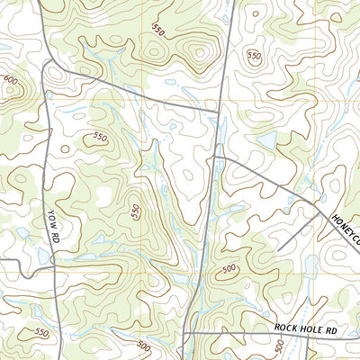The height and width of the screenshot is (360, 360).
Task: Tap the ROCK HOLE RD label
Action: tap(305, 330)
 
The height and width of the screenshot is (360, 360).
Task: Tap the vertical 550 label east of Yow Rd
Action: tap(136, 212)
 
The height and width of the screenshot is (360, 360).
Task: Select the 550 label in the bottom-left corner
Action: tap(40, 332)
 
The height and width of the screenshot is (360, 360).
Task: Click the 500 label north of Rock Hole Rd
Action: tap(229, 268)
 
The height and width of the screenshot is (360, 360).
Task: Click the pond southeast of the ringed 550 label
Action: tap(267, 140)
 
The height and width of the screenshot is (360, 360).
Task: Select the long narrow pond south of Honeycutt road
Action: tap(310, 261)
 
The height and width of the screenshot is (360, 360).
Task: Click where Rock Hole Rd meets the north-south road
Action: tap(184, 332)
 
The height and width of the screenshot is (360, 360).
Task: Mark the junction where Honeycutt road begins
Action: tap(215, 157)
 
